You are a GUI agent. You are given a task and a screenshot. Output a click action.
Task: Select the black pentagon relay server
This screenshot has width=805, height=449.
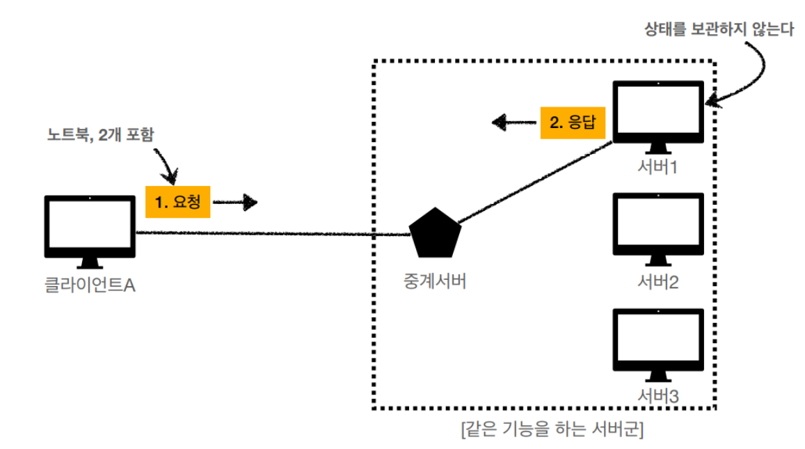[x=436, y=233]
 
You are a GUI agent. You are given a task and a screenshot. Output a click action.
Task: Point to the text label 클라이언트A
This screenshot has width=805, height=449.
[x=90, y=285]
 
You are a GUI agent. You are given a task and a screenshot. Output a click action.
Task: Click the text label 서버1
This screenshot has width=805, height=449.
[x=657, y=168]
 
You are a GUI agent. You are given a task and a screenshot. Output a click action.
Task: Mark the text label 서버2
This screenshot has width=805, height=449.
[x=658, y=282]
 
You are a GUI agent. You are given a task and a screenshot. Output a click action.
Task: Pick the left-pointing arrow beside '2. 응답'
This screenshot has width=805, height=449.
[x=513, y=123]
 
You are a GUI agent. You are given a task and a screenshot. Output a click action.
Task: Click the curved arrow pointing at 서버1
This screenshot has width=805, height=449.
[x=748, y=73]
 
